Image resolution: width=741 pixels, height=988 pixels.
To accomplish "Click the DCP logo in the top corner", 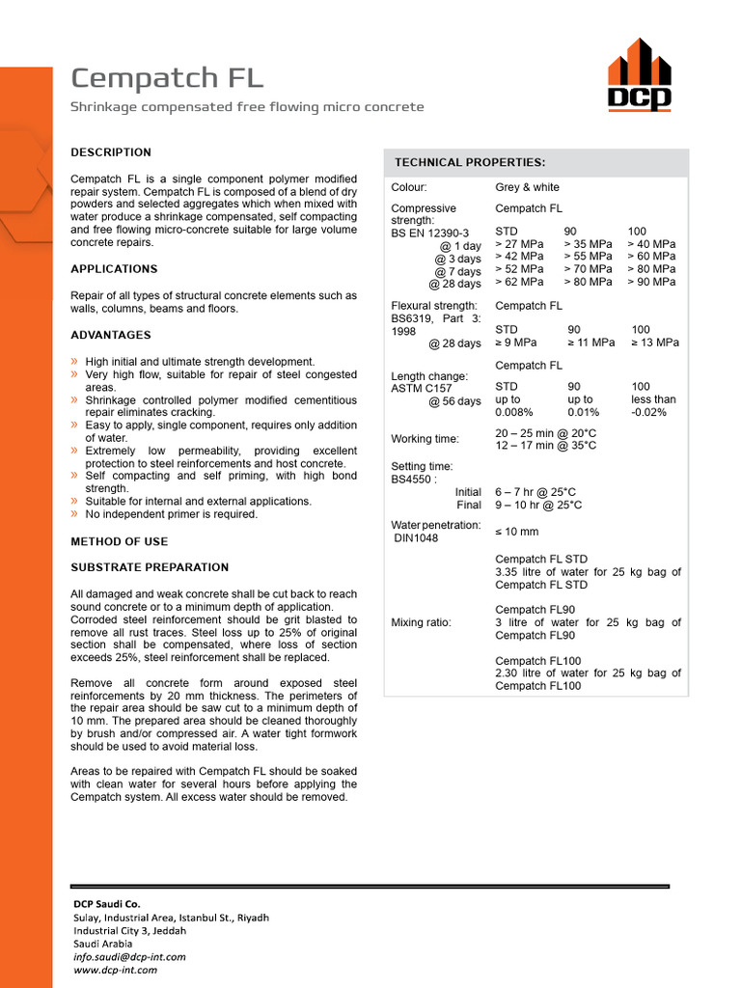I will [x=639, y=74].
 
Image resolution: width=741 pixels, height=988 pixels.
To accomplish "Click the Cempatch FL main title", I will [x=166, y=78].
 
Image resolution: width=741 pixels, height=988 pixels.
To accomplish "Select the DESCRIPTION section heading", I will [x=111, y=152].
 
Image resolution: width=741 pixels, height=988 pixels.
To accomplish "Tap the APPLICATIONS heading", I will [x=114, y=269].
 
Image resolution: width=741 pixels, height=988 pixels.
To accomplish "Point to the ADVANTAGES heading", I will [x=111, y=335].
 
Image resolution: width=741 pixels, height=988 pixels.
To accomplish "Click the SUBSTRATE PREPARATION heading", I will [x=150, y=567].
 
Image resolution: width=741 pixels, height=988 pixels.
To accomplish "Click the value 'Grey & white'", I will [x=527, y=187].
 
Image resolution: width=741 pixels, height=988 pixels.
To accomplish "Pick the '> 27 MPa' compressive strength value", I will [x=519, y=244].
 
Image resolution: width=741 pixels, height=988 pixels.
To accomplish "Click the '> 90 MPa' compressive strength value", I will [x=651, y=282].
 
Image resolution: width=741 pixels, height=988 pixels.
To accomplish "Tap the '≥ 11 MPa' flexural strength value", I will [x=590, y=343].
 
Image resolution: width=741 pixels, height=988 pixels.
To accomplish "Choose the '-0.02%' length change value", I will [x=649, y=412].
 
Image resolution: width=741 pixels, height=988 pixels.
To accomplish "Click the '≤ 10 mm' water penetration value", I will [x=517, y=532].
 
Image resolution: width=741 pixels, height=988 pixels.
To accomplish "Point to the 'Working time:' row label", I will [x=425, y=439].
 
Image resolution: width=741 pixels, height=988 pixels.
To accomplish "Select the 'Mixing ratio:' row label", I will [x=421, y=622].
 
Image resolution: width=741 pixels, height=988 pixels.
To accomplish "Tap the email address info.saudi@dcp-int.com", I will [x=129, y=957].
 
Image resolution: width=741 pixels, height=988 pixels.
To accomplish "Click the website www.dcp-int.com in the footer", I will [x=115, y=970].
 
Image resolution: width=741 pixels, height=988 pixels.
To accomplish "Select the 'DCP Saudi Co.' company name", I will [x=107, y=904].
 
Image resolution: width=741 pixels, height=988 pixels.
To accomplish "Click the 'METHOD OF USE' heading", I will [x=119, y=541].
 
